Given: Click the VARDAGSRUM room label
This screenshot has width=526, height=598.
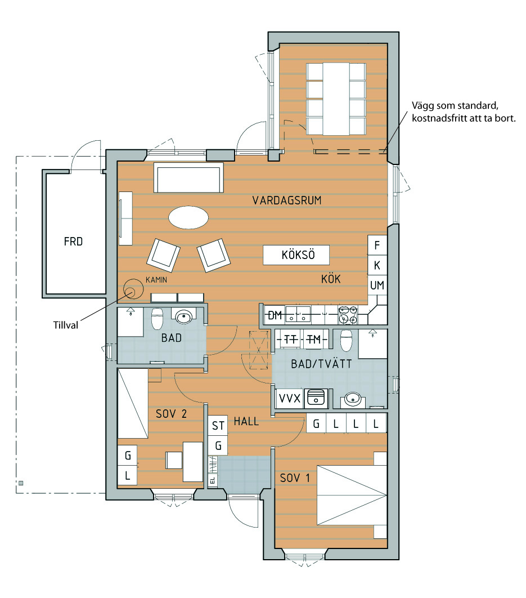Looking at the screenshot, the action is (287, 200).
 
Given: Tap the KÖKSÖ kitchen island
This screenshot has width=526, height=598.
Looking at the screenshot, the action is (296, 255).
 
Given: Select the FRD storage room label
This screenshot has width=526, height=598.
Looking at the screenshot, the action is (73, 242).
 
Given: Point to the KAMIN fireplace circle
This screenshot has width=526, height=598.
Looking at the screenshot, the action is (132, 289).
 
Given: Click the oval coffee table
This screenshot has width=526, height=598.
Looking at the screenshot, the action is (188, 217).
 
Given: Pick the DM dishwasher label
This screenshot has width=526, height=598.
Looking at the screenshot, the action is (275, 315).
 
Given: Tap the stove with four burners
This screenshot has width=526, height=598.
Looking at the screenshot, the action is (348, 315).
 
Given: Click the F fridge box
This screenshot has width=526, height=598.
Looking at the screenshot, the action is (377, 246).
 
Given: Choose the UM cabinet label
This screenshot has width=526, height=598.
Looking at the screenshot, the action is (377, 285).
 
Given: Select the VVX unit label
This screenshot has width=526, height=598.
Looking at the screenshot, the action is (290, 399).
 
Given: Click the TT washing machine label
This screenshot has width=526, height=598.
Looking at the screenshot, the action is (290, 339).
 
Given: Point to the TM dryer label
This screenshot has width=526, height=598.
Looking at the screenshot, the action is (314, 339).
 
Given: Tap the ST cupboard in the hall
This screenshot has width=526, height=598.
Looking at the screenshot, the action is (218, 426).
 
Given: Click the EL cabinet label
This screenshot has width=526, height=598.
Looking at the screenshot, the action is (213, 480).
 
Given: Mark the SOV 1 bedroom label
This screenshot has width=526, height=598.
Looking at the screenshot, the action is (295, 478).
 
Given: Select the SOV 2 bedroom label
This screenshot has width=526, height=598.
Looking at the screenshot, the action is (171, 414).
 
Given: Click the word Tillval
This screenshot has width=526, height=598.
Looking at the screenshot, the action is (66, 325).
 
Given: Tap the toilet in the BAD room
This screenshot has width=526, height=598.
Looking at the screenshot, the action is (157, 319).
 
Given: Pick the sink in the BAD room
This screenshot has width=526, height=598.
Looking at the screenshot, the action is (184, 316).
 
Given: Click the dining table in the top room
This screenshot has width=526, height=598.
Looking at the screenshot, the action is (336, 99).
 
